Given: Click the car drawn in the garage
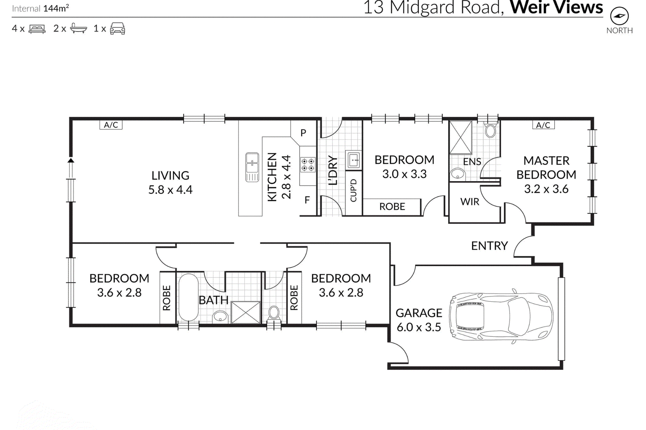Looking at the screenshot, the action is click(501, 316).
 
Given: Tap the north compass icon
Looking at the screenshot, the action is click(619, 16).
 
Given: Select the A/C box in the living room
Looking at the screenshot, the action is click(111, 125).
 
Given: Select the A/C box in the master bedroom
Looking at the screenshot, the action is click(543, 125).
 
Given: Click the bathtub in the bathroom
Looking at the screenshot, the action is click(189, 297).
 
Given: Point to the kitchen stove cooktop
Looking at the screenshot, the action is click(308, 165).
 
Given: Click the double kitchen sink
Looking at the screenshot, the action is click(252, 167).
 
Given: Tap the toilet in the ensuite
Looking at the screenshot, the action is click(490, 130).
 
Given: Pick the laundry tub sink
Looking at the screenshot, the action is click(354, 159).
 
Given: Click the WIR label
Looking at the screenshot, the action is click(470, 201).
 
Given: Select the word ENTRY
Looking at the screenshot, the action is click(489, 246).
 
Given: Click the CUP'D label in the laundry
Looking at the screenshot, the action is click(353, 190).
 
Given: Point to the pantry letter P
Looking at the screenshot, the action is click(303, 133).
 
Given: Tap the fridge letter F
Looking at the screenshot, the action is click(307, 200).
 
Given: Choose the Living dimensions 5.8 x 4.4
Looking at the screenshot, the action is click(170, 190).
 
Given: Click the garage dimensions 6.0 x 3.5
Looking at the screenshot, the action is click(419, 327).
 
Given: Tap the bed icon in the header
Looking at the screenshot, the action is click(37, 29).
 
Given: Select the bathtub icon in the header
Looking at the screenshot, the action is click(78, 28).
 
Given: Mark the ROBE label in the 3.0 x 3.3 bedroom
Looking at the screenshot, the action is click(392, 207).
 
